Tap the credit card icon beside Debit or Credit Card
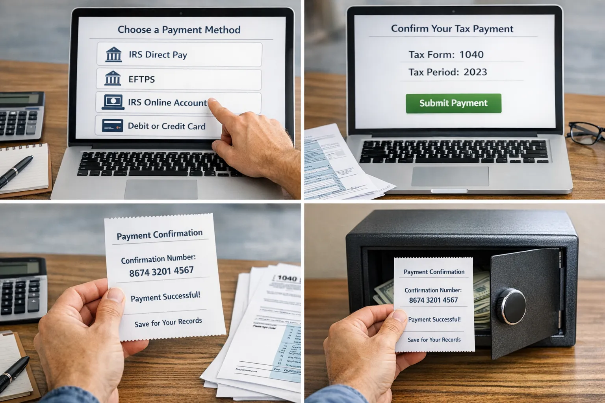pos(112,126)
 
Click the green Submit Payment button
pos(453,103)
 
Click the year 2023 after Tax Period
pos(475,72)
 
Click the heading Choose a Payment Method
pos(179,30)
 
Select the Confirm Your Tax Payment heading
pos(452,29)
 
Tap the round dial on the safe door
pos(511,305)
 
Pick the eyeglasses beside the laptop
pos(586,133)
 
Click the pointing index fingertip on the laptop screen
pos(213,103)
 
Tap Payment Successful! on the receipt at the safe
pos(434,320)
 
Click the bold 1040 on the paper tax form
pos(287,279)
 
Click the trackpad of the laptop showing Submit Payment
pos(450,176)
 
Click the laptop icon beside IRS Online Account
pos(113,102)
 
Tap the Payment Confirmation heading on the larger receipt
pos(160,235)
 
